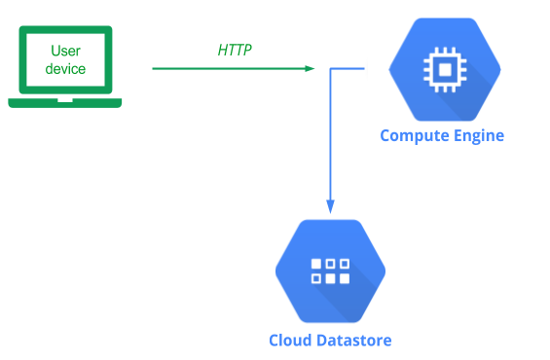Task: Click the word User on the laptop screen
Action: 65,51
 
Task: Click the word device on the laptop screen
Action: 65,69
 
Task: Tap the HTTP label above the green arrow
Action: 235,51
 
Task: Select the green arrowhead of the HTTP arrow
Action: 310,69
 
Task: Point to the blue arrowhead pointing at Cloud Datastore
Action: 330,206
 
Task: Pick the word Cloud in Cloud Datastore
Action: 291,341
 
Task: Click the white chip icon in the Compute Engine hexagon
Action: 445,69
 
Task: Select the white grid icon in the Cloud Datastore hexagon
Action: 330,270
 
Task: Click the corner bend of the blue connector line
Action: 330,69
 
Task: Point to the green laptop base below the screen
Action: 65,103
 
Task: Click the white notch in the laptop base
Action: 65,100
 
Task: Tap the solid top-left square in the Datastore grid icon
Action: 316,264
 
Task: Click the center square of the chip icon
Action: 445,69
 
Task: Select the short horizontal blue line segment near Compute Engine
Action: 348,69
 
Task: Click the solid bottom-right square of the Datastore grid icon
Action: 345,278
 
